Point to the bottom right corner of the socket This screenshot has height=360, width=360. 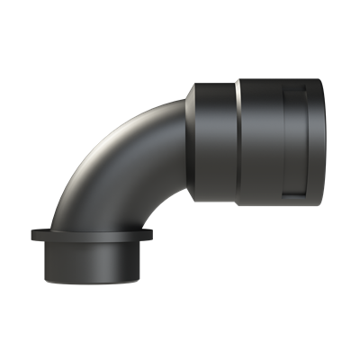point(319,204)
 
